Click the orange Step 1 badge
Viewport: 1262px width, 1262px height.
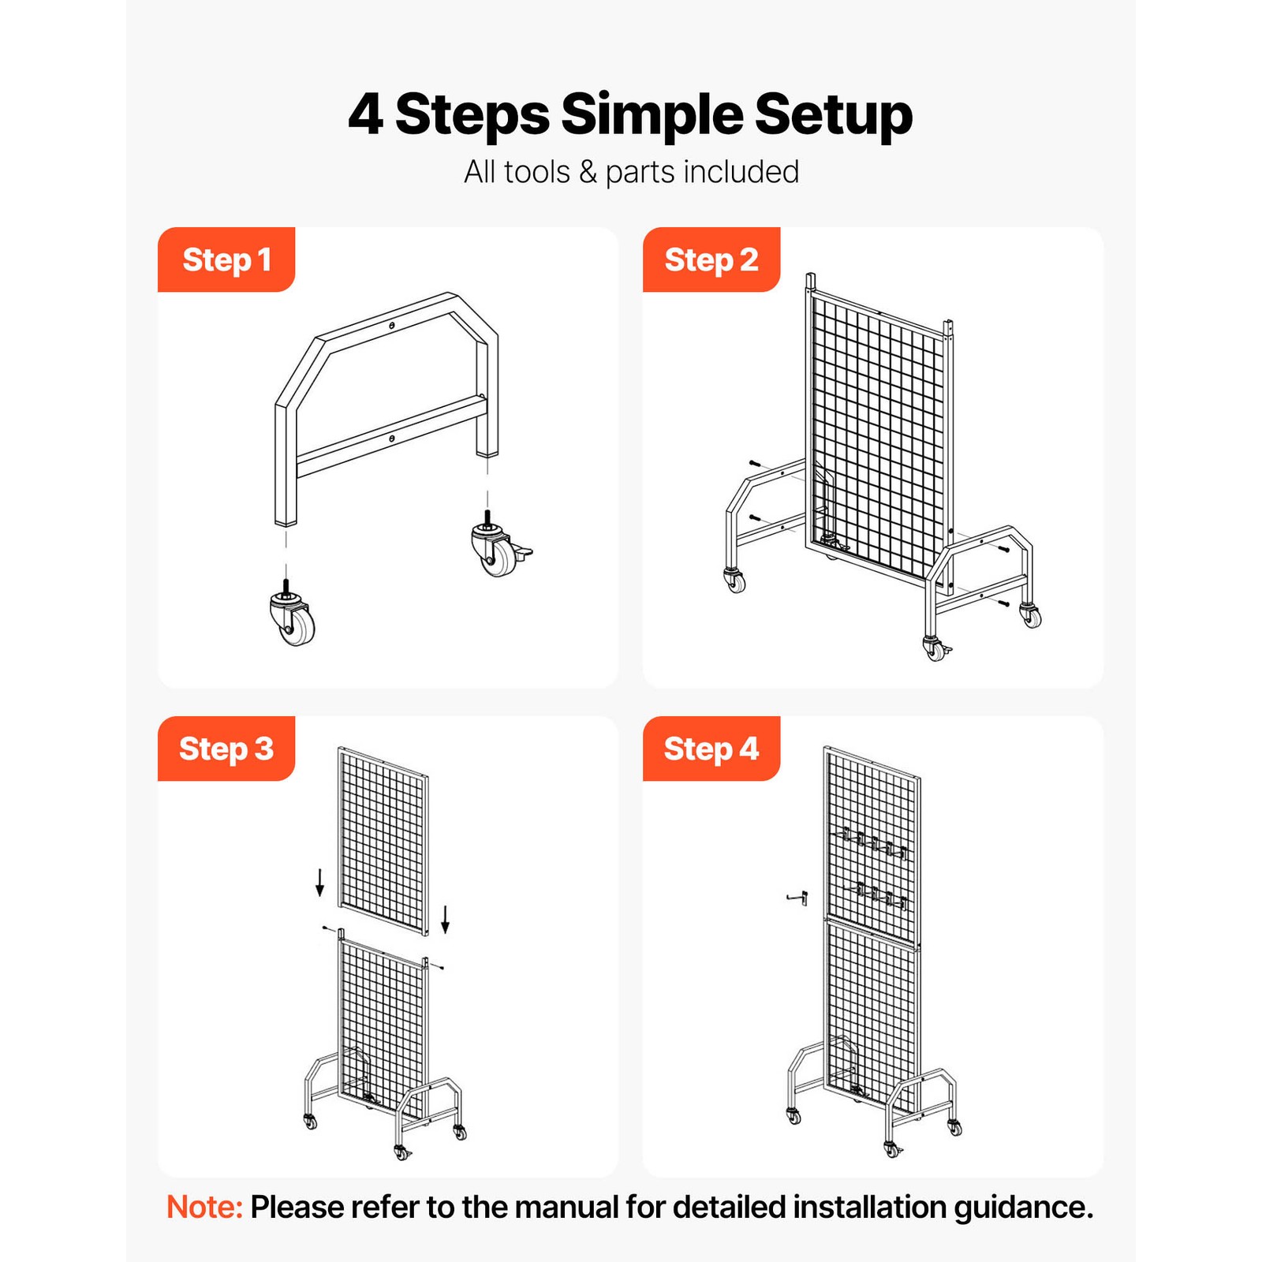point(226,259)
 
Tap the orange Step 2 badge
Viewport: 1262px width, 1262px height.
point(711,259)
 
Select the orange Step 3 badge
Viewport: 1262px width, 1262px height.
point(226,749)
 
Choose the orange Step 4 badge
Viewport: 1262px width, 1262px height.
point(711,749)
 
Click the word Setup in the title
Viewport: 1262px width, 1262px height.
point(833,115)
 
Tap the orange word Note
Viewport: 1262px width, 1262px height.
point(204,1207)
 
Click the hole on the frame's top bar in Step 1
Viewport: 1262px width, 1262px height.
point(392,325)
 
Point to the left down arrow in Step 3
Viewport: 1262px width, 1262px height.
point(319,883)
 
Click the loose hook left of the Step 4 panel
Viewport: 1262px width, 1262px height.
point(797,898)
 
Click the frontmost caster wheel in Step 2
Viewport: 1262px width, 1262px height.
point(936,649)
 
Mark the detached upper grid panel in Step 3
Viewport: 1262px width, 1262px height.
point(383,840)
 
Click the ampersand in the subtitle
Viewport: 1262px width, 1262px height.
point(588,172)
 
